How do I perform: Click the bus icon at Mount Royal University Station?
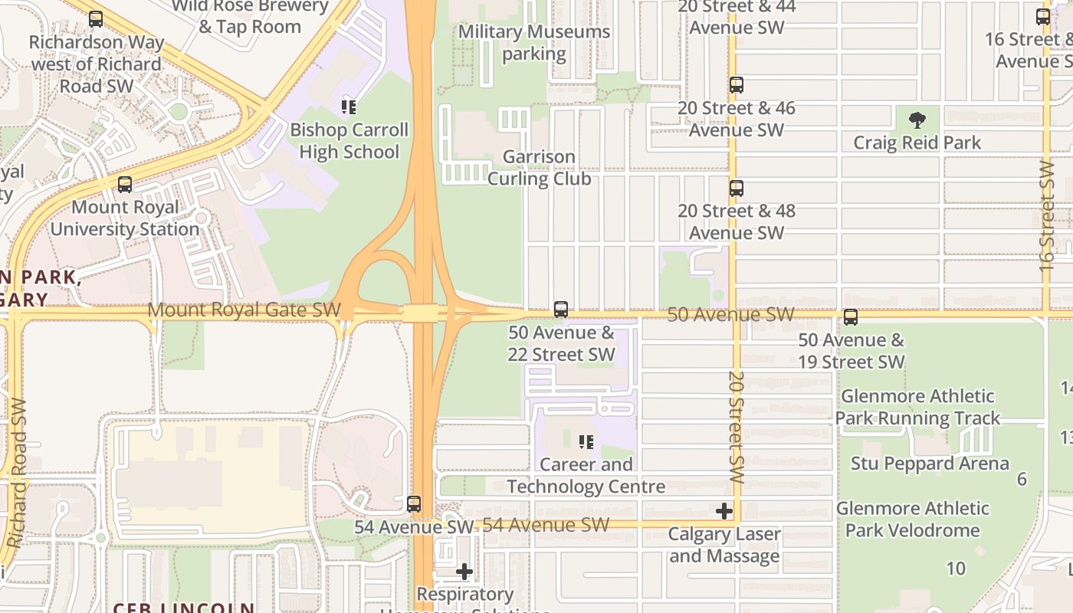pyautogui.click(x=124, y=185)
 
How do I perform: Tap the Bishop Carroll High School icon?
pyautogui.click(x=349, y=107)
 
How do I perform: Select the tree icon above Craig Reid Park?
pyautogui.click(x=917, y=120)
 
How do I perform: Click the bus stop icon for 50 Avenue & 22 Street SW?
pyautogui.click(x=561, y=310)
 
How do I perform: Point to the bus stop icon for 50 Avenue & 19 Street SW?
pyautogui.click(x=850, y=317)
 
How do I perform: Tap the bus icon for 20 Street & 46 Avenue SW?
pyautogui.click(x=736, y=85)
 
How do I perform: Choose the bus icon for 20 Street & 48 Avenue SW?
pyautogui.click(x=736, y=188)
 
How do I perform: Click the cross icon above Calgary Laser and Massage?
pyautogui.click(x=724, y=511)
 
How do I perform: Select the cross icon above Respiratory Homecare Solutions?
pyautogui.click(x=464, y=572)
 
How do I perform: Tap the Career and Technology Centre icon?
pyautogui.click(x=586, y=442)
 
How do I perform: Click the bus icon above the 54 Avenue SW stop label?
pyautogui.click(x=414, y=504)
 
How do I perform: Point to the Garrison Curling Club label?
pyautogui.click(x=540, y=168)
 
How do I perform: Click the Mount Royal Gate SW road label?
pyautogui.click(x=244, y=310)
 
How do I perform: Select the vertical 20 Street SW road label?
pyautogui.click(x=737, y=427)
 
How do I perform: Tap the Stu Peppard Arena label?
pyautogui.click(x=930, y=464)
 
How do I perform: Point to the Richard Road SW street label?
pyautogui.click(x=16, y=473)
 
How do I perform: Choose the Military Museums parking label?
pyautogui.click(x=534, y=43)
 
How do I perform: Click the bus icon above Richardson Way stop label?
pyautogui.click(x=95, y=19)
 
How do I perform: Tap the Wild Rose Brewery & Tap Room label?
pyautogui.click(x=250, y=16)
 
